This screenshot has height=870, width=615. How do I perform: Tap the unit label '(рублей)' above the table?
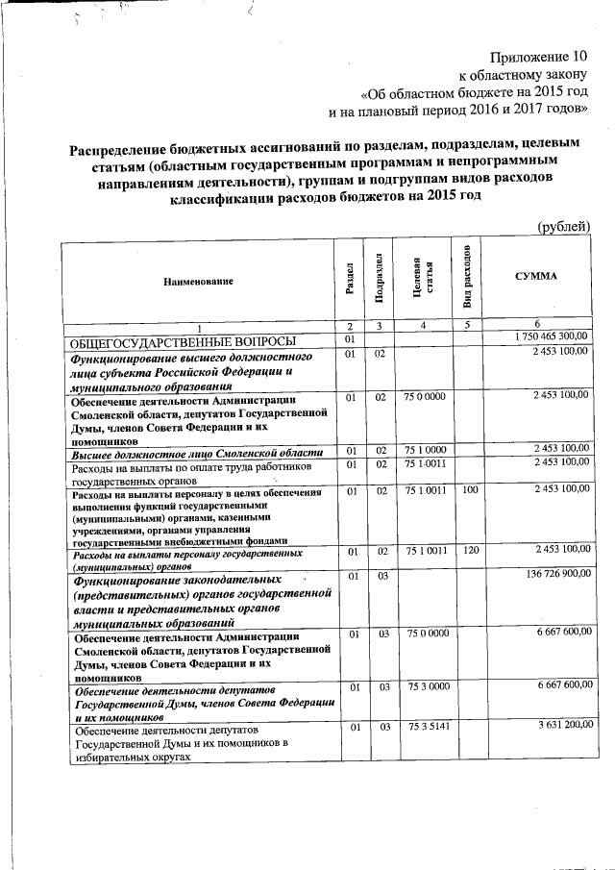click(x=561, y=227)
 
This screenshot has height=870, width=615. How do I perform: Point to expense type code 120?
click(x=469, y=550)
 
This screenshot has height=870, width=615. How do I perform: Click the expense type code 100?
click(x=469, y=489)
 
